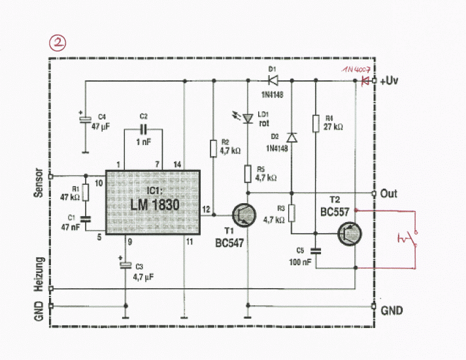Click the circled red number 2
(58, 43)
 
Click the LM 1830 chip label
(155, 205)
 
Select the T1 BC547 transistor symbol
(244, 215)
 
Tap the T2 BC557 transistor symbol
(350, 233)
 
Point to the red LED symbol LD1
(248, 118)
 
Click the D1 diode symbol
(273, 80)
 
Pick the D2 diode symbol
(291, 137)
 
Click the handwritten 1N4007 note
(356, 70)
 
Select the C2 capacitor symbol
(144, 129)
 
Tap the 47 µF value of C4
(101, 127)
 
